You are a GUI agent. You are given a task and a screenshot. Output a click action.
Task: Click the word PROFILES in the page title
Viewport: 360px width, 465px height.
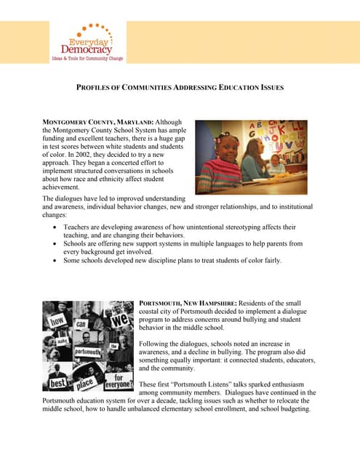coord(97,88)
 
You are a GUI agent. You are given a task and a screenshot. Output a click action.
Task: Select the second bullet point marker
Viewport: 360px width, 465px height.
coord(57,244)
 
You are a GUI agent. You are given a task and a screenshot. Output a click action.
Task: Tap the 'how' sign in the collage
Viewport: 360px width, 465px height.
coord(59,319)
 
